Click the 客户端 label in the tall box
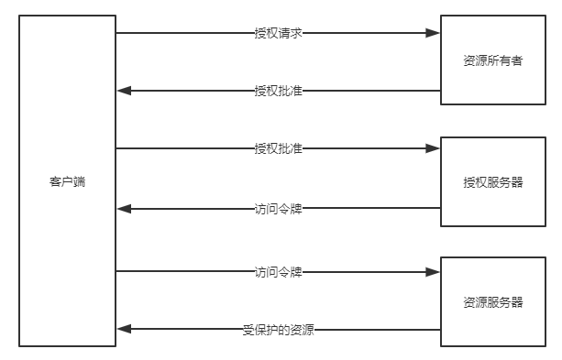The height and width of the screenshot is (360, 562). point(67,181)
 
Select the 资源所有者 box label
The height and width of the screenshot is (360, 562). point(493,60)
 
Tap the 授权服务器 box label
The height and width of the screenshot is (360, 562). point(493,182)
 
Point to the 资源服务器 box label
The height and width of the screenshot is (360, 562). point(493,302)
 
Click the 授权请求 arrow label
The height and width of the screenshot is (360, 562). point(279,33)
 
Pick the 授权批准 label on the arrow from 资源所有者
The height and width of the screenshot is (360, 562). point(279,91)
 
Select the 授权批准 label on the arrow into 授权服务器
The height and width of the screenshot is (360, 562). point(279,148)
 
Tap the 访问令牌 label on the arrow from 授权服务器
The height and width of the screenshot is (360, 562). point(279,209)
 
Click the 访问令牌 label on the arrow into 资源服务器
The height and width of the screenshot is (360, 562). point(279,272)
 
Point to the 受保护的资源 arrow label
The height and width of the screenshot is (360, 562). point(279,330)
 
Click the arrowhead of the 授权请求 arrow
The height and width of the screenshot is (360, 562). point(433,33)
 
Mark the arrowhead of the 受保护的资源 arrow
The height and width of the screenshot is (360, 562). point(125,330)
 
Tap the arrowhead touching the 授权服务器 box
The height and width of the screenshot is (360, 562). point(433,148)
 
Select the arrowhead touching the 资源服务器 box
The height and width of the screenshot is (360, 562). point(433,272)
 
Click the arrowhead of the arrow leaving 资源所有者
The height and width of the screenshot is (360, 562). point(125,91)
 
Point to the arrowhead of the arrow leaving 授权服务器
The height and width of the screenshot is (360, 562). point(125,209)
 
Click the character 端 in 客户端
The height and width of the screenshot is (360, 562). point(79,181)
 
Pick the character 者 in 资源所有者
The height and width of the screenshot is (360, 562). point(517,60)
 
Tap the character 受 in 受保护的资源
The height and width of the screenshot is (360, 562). point(248,330)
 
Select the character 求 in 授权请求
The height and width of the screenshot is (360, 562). point(297,33)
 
